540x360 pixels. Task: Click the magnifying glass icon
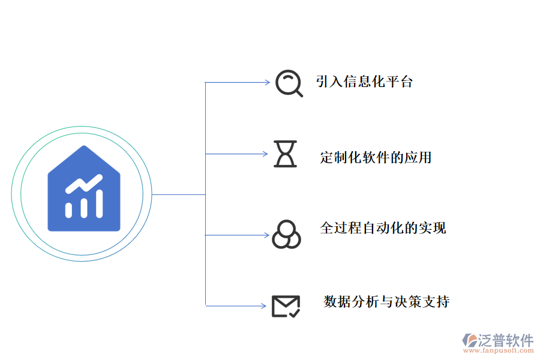click(288, 82)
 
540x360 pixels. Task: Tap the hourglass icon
click(286, 154)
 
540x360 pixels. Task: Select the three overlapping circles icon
click(286, 234)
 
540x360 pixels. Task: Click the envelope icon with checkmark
click(286, 305)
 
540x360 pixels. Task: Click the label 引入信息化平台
click(364, 82)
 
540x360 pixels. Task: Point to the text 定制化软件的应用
click(376, 158)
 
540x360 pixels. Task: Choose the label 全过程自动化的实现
click(383, 228)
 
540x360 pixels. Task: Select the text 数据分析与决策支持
click(386, 301)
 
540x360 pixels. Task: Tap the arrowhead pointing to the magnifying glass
click(268, 82)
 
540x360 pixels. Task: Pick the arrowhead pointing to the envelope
click(263, 306)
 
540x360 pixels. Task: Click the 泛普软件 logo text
click(505, 340)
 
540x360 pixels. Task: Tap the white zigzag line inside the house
click(83, 182)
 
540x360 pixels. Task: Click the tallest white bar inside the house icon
click(99, 203)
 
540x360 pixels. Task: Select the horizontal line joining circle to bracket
click(178, 194)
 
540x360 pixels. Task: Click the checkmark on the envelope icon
click(293, 311)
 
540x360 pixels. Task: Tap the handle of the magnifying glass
click(298, 92)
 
